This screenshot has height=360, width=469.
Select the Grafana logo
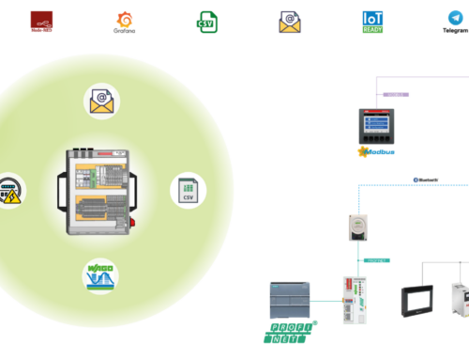click(123, 21)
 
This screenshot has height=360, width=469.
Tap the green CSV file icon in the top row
click(206, 22)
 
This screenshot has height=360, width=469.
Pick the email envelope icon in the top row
click(289, 22)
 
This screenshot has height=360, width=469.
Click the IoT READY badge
click(372, 22)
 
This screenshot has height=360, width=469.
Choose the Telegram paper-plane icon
click(456, 21)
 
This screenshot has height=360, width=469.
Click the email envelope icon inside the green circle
click(102, 101)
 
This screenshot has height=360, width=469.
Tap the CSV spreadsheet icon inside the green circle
click(187, 190)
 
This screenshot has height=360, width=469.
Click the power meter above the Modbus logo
click(375, 126)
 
